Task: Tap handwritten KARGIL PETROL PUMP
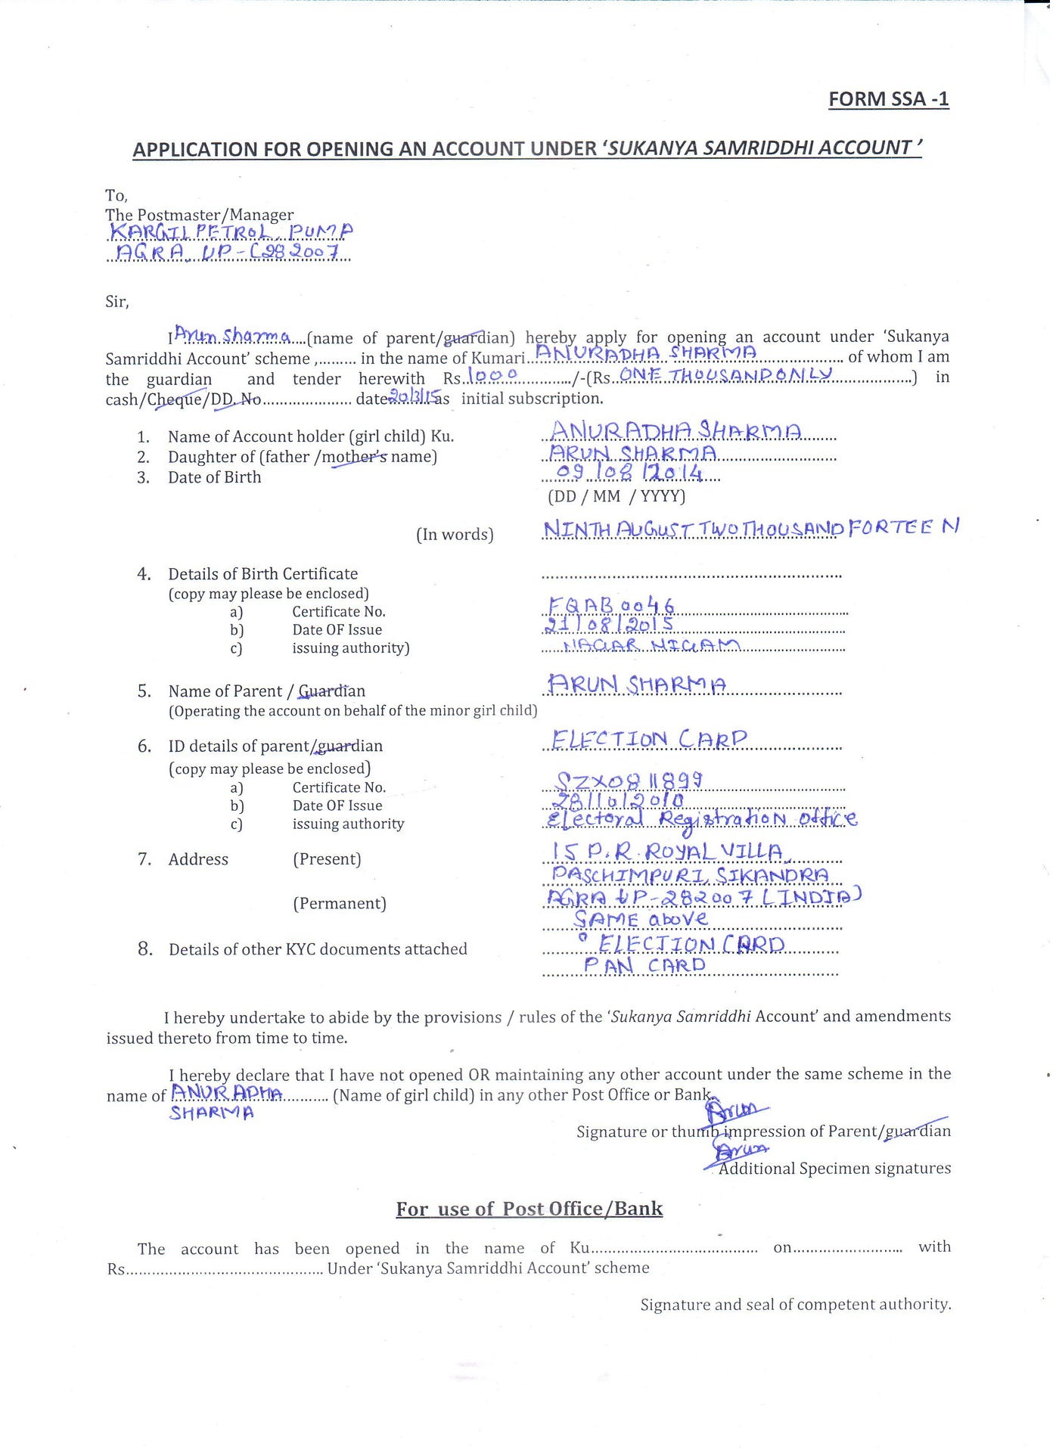coord(231,231)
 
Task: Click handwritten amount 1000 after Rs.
coord(492,375)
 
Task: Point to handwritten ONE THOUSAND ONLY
coord(726,374)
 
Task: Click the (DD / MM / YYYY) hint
coord(616,496)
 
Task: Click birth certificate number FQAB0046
coord(611,606)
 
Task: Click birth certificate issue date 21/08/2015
coord(610,626)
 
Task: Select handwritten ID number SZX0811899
coord(629,780)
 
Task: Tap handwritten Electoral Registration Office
coord(702,819)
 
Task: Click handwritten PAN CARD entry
coord(644,965)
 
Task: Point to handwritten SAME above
coord(641,919)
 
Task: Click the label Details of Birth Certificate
coord(262,574)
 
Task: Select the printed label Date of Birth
coord(214,477)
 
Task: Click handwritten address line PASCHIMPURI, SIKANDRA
coord(690,875)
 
